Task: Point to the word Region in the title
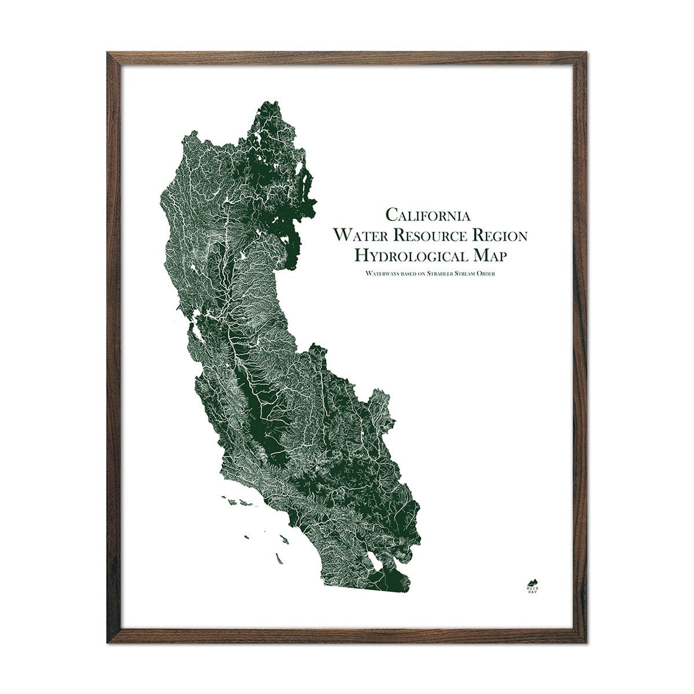point(499,235)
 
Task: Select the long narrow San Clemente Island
point(279,559)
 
